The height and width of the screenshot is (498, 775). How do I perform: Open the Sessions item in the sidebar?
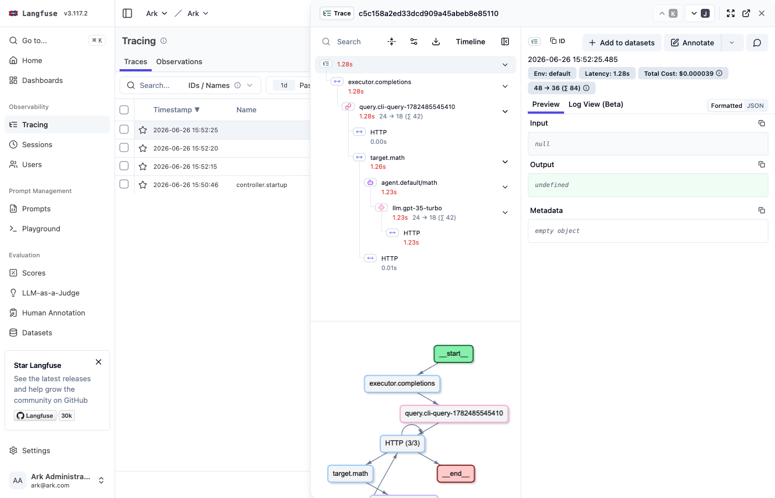coord(37,144)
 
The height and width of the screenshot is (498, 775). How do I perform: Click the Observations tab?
coord(179,61)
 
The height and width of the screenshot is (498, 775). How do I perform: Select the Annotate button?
coord(693,43)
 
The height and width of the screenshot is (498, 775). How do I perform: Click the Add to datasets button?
coord(622,43)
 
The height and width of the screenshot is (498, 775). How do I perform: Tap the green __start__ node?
coord(453,354)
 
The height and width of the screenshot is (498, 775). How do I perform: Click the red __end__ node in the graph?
coord(456,474)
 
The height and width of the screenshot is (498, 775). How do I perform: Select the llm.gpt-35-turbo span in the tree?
coord(417,208)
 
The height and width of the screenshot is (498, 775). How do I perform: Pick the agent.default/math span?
coord(409,183)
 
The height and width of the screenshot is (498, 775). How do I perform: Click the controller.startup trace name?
coord(261,185)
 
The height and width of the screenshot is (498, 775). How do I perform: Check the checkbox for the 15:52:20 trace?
coord(124,148)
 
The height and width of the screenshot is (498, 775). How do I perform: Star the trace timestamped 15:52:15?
coord(143,167)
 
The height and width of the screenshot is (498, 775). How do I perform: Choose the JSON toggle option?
coord(755,106)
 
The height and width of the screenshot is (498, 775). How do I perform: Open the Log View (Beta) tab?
coord(596,104)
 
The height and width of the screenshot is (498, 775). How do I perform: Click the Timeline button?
coord(470,41)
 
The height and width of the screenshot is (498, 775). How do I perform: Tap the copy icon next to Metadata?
coord(762,210)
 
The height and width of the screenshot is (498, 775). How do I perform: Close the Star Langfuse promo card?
coord(99,362)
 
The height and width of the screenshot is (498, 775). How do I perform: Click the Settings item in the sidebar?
coord(36,450)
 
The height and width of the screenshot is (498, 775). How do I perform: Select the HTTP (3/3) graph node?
coord(402,443)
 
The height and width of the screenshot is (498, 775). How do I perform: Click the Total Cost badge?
coord(683,73)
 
